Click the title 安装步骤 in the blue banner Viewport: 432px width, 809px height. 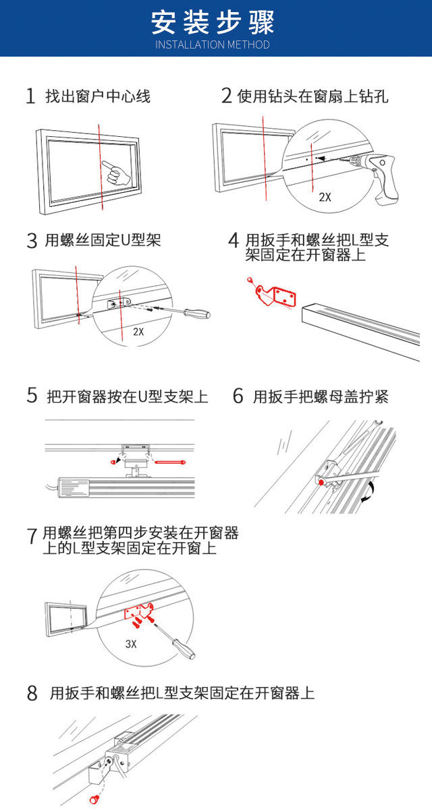coord(213,22)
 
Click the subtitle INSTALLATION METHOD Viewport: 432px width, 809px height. coord(213,44)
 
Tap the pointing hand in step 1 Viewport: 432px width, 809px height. coord(116,173)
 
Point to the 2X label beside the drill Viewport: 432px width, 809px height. coord(325,197)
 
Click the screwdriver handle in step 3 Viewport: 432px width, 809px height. coord(196,313)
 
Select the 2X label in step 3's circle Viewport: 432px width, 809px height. coord(138,332)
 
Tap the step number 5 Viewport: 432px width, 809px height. coord(32,396)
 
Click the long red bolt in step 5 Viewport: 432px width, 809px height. coord(170,462)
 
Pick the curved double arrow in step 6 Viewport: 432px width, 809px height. coord(369,490)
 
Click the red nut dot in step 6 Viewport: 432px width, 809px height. coord(321,482)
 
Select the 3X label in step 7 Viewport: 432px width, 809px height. coord(131,644)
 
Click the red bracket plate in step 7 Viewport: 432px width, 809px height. coord(139,611)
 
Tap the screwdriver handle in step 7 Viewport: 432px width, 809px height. coord(184,649)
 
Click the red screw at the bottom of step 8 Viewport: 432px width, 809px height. coord(94,800)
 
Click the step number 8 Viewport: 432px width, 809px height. coord(32,694)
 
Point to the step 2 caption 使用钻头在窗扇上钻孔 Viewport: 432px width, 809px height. coord(313,96)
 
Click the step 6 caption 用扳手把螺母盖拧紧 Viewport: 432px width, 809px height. coord(321,396)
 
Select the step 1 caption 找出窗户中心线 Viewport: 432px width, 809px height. coord(98,96)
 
